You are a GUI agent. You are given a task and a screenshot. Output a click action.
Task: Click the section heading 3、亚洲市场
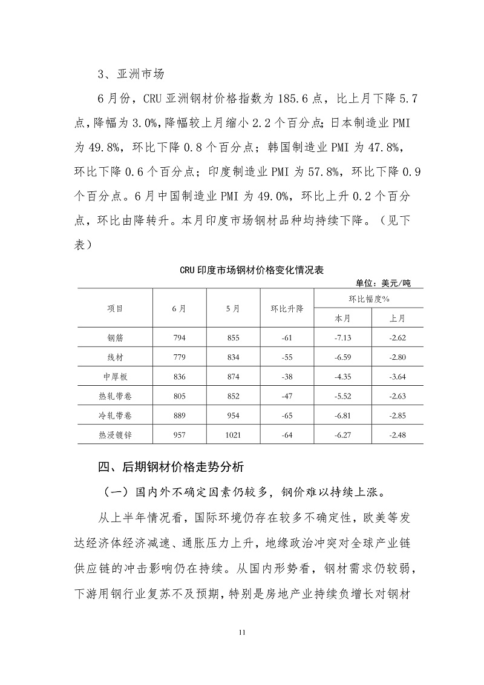(x=131, y=75)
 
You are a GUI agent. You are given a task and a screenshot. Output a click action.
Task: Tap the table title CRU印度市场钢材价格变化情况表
(x=251, y=270)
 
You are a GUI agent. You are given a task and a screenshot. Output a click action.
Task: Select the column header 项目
(x=115, y=308)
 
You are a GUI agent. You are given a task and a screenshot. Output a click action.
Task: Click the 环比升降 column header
(x=287, y=308)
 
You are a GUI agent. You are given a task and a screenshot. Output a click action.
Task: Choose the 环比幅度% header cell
(x=368, y=299)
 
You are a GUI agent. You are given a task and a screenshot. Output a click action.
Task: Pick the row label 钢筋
(x=115, y=337)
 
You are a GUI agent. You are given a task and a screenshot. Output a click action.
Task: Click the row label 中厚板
(x=115, y=376)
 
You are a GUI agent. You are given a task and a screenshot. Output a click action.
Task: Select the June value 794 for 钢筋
(x=179, y=337)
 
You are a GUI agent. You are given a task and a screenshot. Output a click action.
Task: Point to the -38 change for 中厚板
(x=287, y=376)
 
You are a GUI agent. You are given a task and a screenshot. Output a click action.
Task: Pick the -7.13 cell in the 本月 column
(x=342, y=337)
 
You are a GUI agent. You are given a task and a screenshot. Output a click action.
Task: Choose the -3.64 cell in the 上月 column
(x=397, y=376)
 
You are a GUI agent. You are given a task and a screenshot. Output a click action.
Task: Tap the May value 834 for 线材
(x=233, y=357)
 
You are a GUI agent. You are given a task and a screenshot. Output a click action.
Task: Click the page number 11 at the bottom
(x=242, y=632)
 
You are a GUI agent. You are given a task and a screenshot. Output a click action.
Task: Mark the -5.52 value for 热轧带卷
(x=342, y=395)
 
